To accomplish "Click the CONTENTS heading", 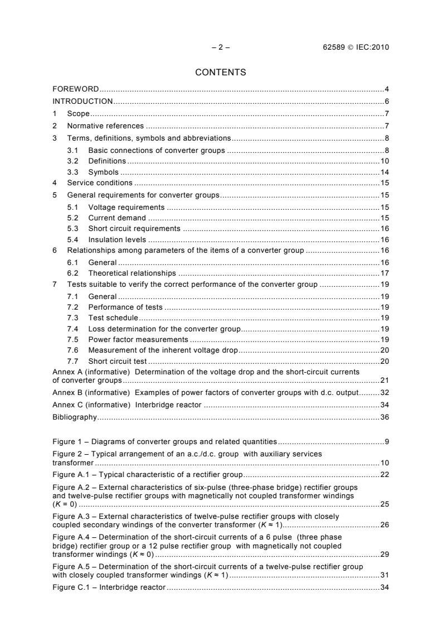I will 220,72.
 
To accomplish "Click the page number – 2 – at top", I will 221,47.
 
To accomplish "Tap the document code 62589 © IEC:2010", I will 352,47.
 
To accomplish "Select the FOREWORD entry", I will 76,89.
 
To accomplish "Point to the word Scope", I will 78,113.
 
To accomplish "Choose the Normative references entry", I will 105,126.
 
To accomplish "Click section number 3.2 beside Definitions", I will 71,161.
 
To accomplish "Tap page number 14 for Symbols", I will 385,172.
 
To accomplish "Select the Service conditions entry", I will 100,182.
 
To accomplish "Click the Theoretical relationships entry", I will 132,273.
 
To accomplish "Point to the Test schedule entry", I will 113,317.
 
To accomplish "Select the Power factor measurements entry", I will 138,339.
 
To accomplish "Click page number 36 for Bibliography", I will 385,417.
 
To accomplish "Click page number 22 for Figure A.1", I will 385,475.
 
